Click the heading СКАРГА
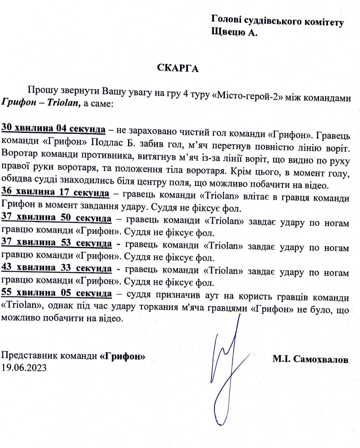click(x=178, y=68)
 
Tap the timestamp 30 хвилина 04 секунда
click(x=53, y=128)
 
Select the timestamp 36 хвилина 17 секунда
click(x=55, y=192)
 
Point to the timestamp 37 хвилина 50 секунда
click(x=56, y=218)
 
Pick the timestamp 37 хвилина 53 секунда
click(x=56, y=243)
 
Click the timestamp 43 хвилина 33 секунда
click(x=56, y=268)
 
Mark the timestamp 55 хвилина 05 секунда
click(x=56, y=293)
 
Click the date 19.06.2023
click(x=24, y=367)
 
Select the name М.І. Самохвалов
click(x=310, y=359)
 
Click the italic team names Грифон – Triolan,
click(x=41, y=103)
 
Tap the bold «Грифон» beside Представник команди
click(x=122, y=356)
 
